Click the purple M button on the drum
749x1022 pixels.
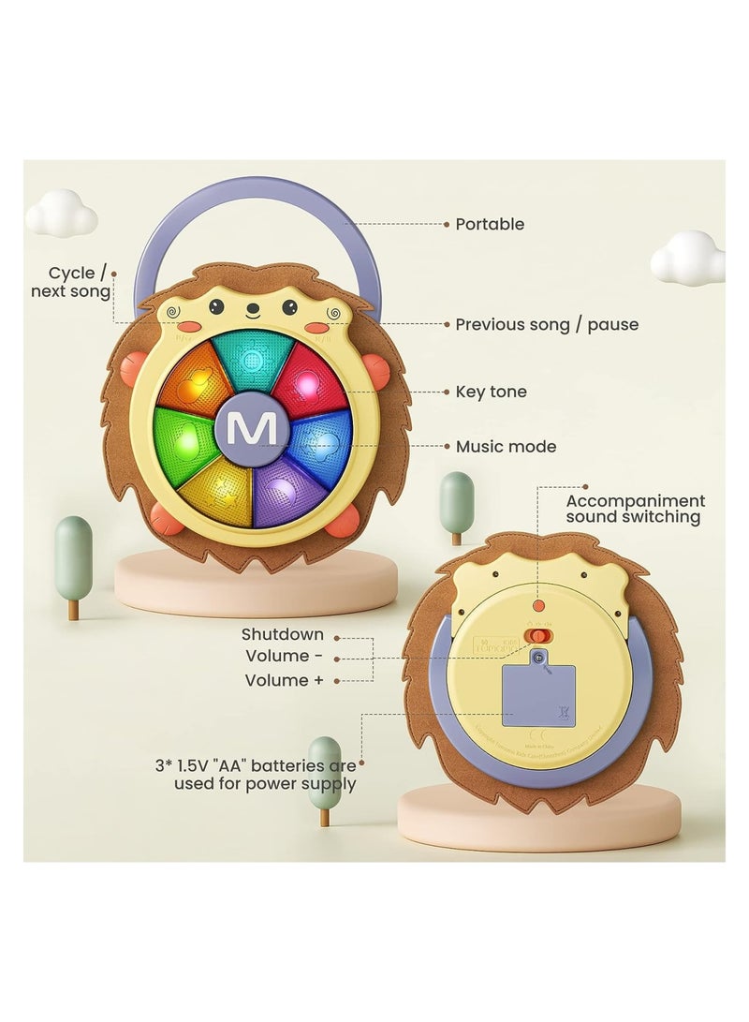click(252, 429)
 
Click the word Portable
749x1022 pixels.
click(490, 224)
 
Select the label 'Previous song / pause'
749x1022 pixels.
click(547, 324)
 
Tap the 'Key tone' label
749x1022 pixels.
click(491, 392)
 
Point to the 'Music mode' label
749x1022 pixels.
click(506, 447)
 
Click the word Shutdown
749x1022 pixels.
click(283, 634)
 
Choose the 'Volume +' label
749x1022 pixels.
click(285, 680)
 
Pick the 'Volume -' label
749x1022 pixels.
click(285, 657)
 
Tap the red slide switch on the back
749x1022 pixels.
click(536, 636)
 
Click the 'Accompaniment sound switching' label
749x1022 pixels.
click(635, 509)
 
